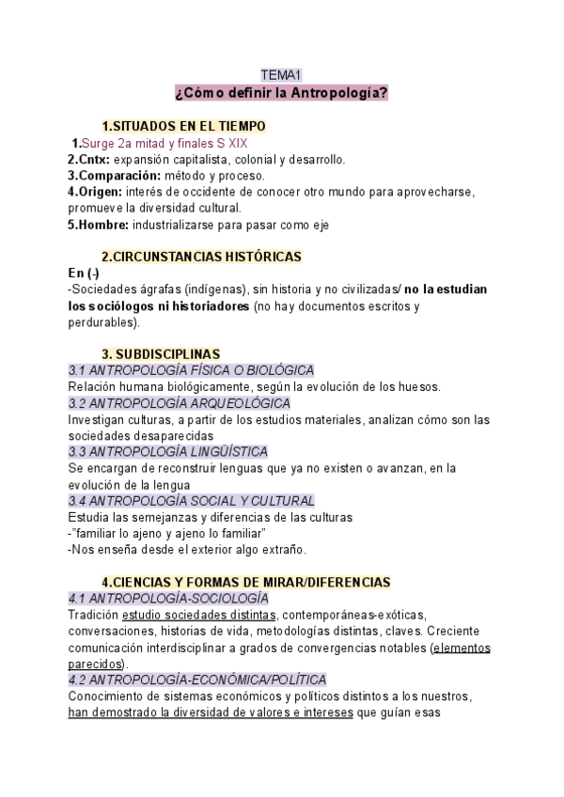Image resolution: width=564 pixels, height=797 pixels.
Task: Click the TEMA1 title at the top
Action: point(281,75)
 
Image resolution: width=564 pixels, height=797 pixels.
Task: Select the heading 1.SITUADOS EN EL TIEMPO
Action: point(183,126)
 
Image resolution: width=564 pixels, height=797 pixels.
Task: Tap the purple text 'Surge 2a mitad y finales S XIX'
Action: point(161,144)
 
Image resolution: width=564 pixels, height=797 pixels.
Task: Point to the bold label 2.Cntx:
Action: point(89,159)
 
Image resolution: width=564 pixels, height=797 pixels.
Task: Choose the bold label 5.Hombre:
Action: point(99,225)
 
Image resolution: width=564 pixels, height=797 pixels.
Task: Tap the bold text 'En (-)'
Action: point(83,273)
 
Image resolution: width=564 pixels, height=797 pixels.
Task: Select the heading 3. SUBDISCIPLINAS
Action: point(161,353)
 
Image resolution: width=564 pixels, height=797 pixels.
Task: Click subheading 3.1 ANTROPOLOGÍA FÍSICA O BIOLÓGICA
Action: point(192,370)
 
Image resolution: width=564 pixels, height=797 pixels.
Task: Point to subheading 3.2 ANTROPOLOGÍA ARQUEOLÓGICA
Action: point(180,403)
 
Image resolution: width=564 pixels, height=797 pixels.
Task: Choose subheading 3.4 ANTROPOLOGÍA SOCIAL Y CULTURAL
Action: point(192,501)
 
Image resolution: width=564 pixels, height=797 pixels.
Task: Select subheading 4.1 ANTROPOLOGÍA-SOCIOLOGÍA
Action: point(168,599)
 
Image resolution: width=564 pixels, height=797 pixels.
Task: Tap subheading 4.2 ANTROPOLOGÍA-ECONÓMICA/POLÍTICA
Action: point(197,680)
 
